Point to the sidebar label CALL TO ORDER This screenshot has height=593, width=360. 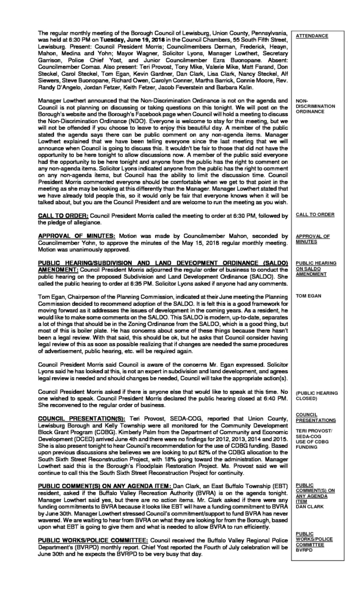[314, 214]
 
